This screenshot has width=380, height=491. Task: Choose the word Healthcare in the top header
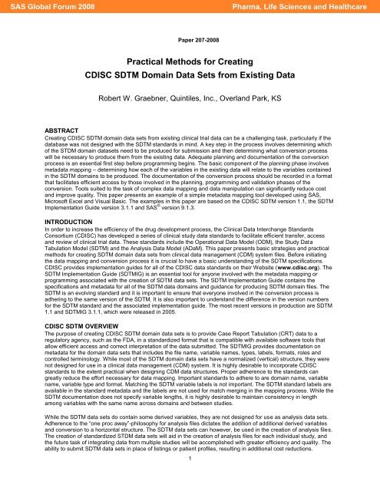[x=352, y=8]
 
